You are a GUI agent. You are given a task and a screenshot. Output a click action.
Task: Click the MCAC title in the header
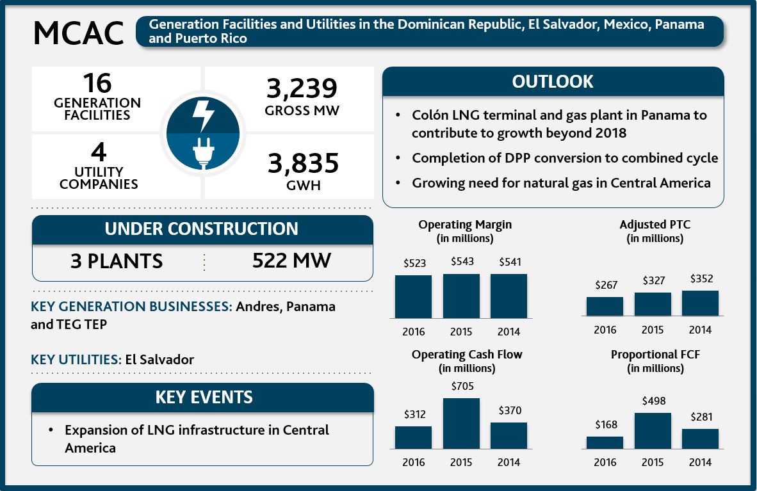coord(78,33)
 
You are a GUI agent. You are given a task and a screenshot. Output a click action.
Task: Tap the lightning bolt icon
coord(203,115)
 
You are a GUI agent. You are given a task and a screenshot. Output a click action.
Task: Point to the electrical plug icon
coord(203,152)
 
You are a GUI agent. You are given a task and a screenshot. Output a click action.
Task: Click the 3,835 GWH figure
coord(303,165)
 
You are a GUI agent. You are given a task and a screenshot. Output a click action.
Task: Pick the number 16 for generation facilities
coord(97,84)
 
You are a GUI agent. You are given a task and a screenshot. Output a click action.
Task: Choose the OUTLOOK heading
coord(552,82)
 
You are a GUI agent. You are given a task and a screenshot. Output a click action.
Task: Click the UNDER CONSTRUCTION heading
coord(202,229)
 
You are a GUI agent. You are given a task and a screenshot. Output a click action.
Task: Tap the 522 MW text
coord(291,261)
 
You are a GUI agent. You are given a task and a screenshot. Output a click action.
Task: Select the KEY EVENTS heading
coord(204,398)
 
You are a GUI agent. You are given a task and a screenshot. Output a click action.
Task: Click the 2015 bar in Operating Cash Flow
coord(461,423)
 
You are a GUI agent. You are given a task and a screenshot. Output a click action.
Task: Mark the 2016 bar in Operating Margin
coord(413,296)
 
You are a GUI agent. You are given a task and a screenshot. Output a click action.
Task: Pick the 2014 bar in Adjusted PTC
coord(700,303)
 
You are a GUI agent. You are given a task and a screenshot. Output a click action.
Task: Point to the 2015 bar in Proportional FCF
coord(653,431)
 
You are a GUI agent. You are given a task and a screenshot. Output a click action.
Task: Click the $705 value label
coord(461,387)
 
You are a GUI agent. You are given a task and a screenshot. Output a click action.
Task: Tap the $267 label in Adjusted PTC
coord(606,286)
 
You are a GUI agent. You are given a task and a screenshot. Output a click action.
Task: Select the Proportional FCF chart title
coord(655,355)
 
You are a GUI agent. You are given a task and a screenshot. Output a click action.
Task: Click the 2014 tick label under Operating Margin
coord(509,332)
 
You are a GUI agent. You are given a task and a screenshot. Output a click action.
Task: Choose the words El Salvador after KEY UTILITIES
coord(159,359)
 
